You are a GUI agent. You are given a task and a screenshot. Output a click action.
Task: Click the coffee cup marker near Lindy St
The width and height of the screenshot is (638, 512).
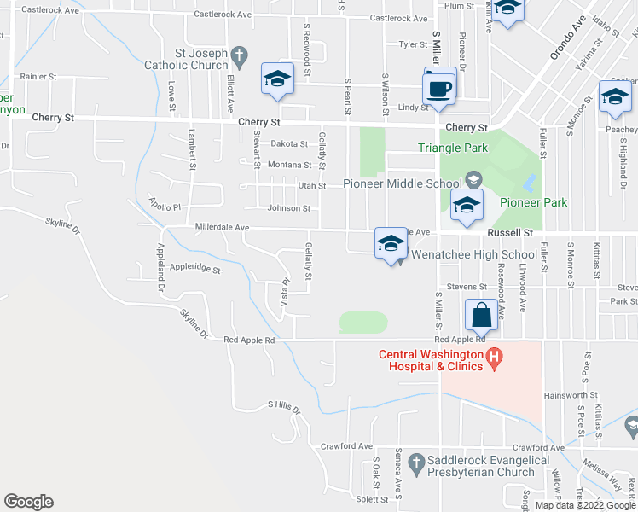coord(439,89)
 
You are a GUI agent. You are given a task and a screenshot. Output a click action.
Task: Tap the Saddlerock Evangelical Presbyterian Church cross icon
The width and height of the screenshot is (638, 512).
coord(416,462)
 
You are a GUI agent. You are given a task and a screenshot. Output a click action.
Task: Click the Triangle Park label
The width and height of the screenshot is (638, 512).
coord(453,148)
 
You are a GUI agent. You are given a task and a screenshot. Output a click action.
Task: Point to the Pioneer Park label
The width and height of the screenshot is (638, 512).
coord(533,202)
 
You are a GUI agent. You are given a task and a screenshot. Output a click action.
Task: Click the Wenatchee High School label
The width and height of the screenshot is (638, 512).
coord(474,254)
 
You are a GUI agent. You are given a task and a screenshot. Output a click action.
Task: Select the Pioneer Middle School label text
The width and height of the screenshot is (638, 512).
coord(403,183)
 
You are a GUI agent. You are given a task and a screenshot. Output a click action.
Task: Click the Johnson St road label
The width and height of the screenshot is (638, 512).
coord(289,208)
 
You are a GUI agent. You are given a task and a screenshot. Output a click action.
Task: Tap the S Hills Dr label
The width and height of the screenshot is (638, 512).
coord(285,407)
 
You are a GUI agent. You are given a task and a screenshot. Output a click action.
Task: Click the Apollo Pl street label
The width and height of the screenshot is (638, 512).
coord(165,206)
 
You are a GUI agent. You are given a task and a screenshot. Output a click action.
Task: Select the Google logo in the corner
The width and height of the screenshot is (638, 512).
coord(28,502)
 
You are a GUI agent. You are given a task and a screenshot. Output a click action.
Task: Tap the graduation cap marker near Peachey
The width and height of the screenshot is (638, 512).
coord(614,99)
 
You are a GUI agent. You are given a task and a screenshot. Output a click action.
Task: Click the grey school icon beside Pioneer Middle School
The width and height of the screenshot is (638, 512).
coord(473,180)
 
